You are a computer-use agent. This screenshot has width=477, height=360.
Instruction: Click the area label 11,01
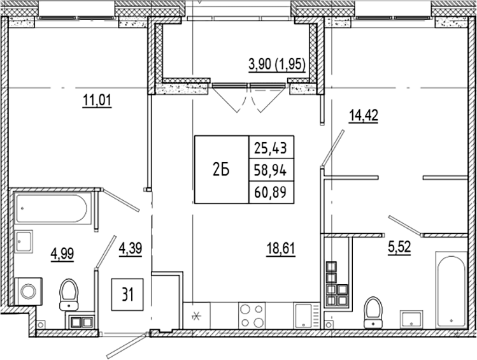point(97,101)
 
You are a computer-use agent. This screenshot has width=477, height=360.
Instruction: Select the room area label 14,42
point(363,117)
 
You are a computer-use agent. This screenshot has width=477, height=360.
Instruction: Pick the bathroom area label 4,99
point(63,256)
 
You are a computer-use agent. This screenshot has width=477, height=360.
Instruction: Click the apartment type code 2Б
point(220,169)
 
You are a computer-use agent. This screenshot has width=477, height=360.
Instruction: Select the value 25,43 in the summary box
point(270,148)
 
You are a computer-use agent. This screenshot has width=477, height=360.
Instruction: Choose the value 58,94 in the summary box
point(270,169)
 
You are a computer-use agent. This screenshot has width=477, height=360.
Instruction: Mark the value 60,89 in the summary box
point(270,191)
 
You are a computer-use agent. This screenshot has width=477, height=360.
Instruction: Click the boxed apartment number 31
point(128,294)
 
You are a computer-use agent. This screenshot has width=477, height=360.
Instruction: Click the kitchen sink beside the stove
point(303,316)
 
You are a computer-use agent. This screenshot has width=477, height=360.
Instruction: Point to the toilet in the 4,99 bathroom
point(68,295)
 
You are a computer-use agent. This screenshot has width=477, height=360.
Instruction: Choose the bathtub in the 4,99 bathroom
point(53,208)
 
